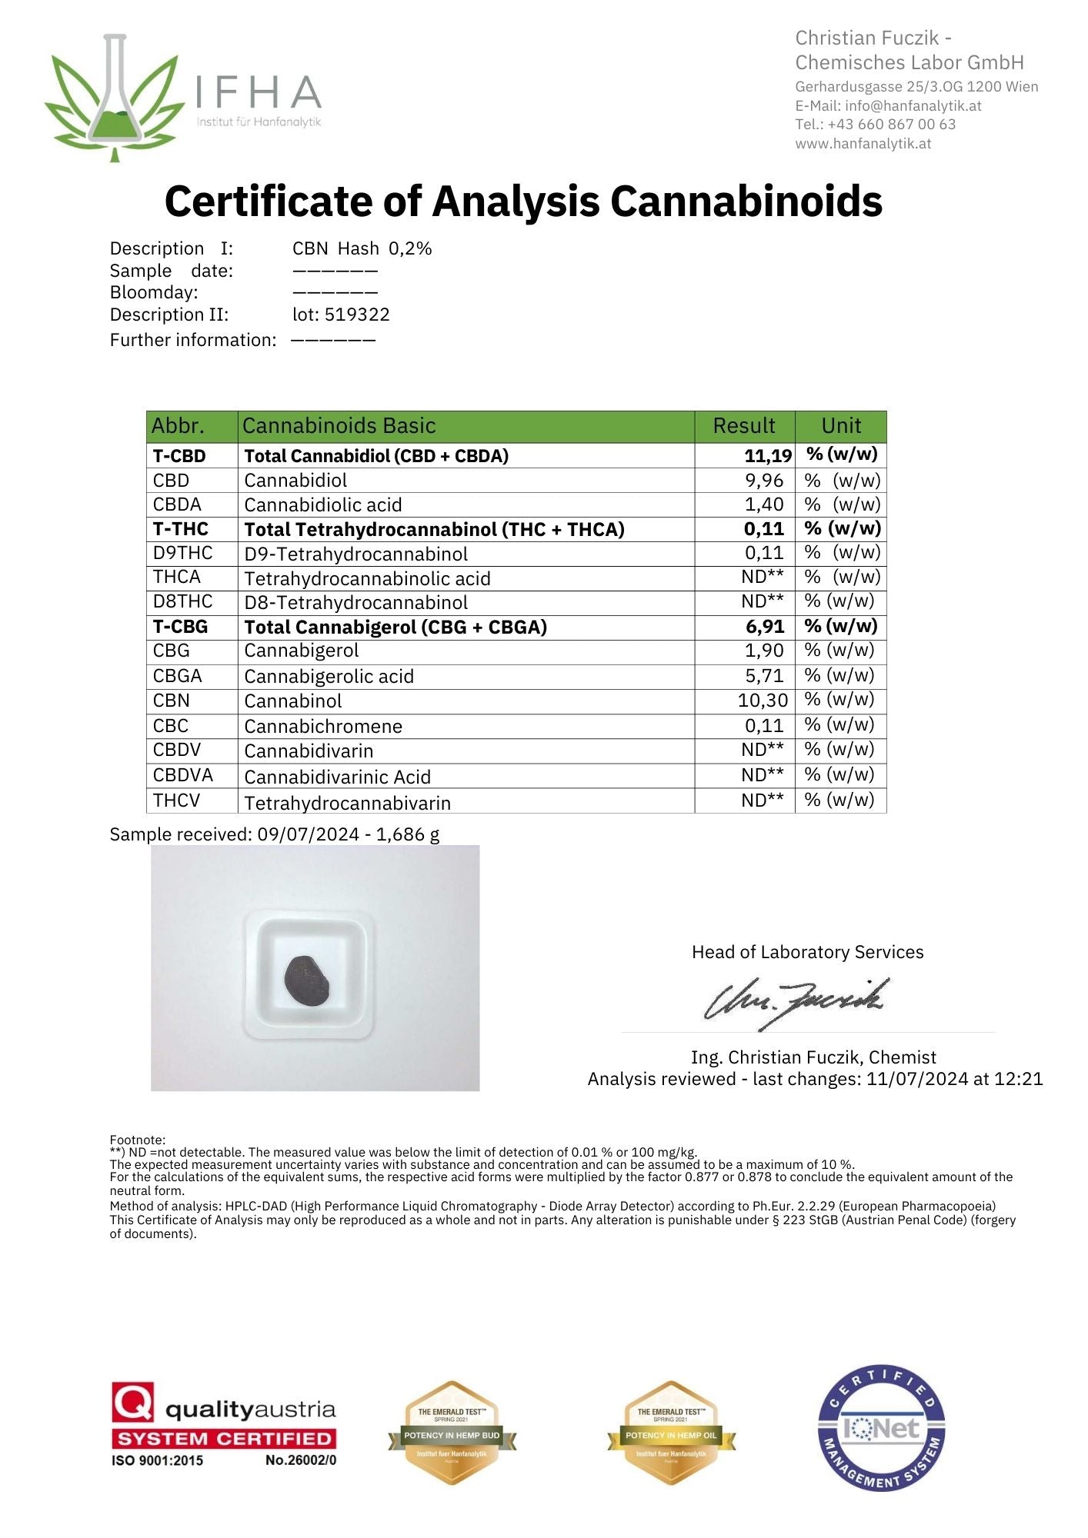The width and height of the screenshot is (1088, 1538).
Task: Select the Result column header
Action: coord(743,426)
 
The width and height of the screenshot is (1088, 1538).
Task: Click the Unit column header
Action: coord(840,426)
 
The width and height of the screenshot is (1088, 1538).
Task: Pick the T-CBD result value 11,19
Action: coord(767,456)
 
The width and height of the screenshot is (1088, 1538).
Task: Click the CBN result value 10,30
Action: coord(763,701)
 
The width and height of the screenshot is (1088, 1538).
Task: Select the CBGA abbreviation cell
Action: coord(178,676)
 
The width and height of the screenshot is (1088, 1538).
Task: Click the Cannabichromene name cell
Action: coord(323,726)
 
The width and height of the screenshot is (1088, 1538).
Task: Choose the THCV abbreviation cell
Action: coord(176,801)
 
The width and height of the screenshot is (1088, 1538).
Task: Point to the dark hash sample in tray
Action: coord(308,980)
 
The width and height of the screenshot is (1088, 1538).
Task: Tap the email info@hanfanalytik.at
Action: coord(913,106)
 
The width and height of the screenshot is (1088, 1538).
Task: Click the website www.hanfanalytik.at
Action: coord(863,144)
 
